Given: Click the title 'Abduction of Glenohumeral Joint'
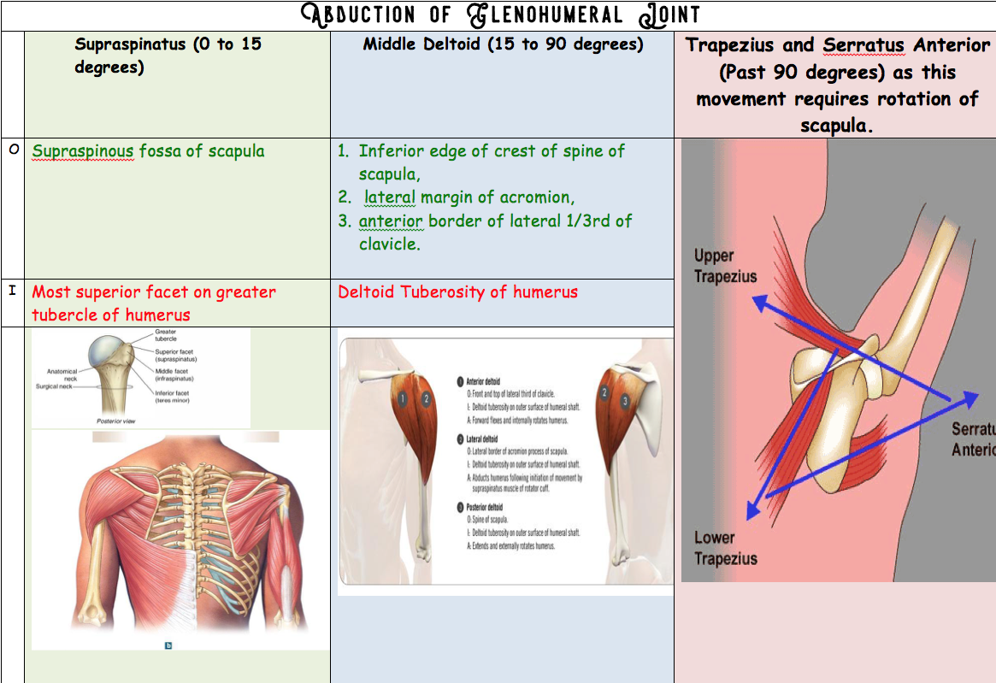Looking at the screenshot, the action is pyautogui.click(x=502, y=15).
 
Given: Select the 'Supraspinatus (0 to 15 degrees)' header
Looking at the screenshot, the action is pyautogui.click(x=168, y=55).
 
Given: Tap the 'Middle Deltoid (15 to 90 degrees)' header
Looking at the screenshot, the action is pyautogui.click(x=503, y=44).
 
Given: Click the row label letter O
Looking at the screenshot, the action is pyautogui.click(x=13, y=150).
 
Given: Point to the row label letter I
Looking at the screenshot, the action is pyautogui.click(x=12, y=291).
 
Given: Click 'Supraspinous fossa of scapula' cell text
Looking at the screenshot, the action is pyautogui.click(x=148, y=151).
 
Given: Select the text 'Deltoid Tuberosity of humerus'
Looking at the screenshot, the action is pyautogui.click(x=457, y=292).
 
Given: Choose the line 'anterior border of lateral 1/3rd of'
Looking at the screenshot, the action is pyautogui.click(x=495, y=221).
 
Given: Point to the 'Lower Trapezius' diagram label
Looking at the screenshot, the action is pyautogui.click(x=725, y=548).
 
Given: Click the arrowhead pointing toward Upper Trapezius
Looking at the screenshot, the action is pyautogui.click(x=757, y=300).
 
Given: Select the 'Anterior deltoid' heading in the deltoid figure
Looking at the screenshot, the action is pyautogui.click(x=484, y=382).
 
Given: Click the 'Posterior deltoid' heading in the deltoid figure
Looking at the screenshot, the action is pyautogui.click(x=485, y=507).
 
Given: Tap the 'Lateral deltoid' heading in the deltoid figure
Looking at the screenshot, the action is pyautogui.click(x=482, y=439).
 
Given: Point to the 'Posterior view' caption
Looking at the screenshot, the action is pyautogui.click(x=115, y=421).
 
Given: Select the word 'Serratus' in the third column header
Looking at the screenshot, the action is pyautogui.click(x=863, y=45).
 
